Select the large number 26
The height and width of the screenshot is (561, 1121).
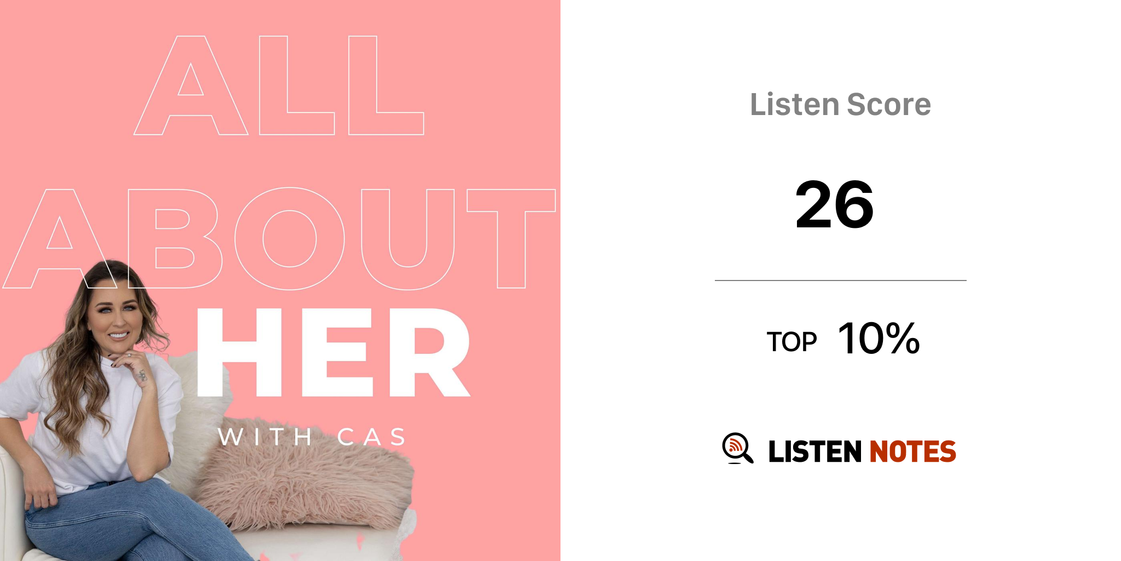click(834, 205)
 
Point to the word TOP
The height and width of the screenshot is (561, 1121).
click(791, 342)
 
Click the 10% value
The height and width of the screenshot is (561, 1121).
click(879, 339)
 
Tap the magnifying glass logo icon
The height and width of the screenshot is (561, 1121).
click(737, 448)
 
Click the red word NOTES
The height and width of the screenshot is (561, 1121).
click(912, 452)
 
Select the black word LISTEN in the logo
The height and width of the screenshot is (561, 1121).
click(814, 452)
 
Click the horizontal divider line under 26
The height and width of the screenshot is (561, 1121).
click(840, 280)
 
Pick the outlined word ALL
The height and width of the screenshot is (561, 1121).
click(279, 86)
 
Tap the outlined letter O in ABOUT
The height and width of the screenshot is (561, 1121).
click(290, 239)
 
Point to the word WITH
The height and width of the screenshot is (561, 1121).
click(265, 437)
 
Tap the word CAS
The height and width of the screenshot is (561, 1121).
click(372, 437)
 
